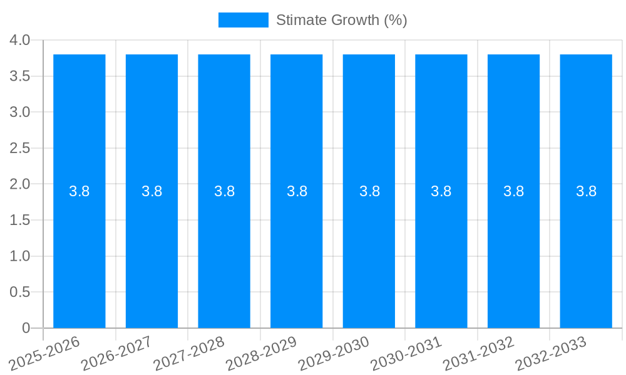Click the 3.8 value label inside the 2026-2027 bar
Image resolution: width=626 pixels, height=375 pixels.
[x=152, y=191]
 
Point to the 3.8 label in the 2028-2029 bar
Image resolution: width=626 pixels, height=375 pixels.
[x=297, y=191]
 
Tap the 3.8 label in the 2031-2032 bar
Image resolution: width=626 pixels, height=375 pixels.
[x=513, y=191]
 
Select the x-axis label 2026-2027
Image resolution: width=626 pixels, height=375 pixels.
[x=117, y=352]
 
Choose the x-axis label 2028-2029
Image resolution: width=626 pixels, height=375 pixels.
[x=262, y=352]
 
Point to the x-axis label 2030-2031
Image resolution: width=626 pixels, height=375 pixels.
[x=406, y=352]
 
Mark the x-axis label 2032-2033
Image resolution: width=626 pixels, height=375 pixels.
[x=551, y=352]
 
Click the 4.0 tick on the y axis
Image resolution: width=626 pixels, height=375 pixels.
[x=20, y=41]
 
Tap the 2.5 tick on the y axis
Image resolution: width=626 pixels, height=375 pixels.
[x=20, y=148]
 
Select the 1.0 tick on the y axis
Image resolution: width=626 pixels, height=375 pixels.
[x=20, y=256]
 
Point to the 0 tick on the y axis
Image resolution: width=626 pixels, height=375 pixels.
[x=26, y=328]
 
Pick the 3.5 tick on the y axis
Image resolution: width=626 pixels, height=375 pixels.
[x=20, y=76]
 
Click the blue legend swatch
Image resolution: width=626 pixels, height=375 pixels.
[x=243, y=20]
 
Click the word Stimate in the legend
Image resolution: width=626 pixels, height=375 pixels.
[x=299, y=20]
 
